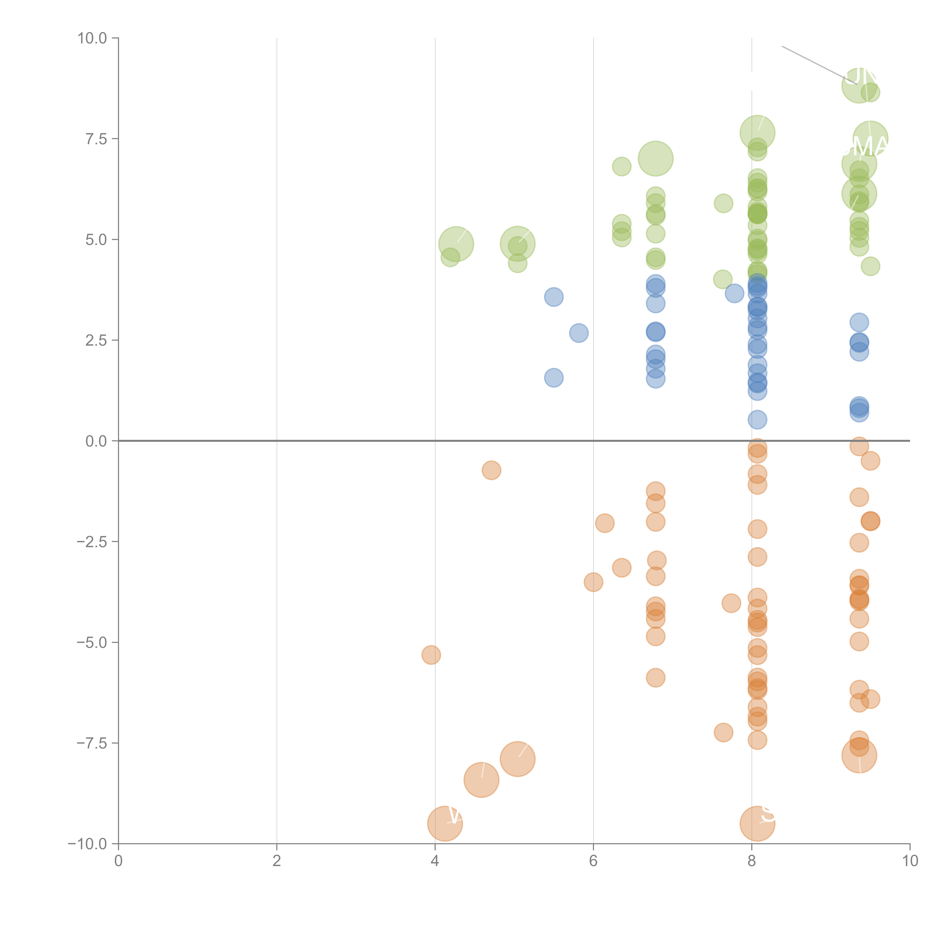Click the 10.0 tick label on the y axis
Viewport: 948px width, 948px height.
92,38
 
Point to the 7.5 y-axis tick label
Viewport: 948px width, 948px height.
96,139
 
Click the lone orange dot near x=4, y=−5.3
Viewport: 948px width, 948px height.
431,654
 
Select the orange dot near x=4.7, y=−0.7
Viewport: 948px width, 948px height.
491,470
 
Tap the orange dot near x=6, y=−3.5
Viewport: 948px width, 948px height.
593,582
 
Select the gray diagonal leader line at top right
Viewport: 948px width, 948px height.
812,63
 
